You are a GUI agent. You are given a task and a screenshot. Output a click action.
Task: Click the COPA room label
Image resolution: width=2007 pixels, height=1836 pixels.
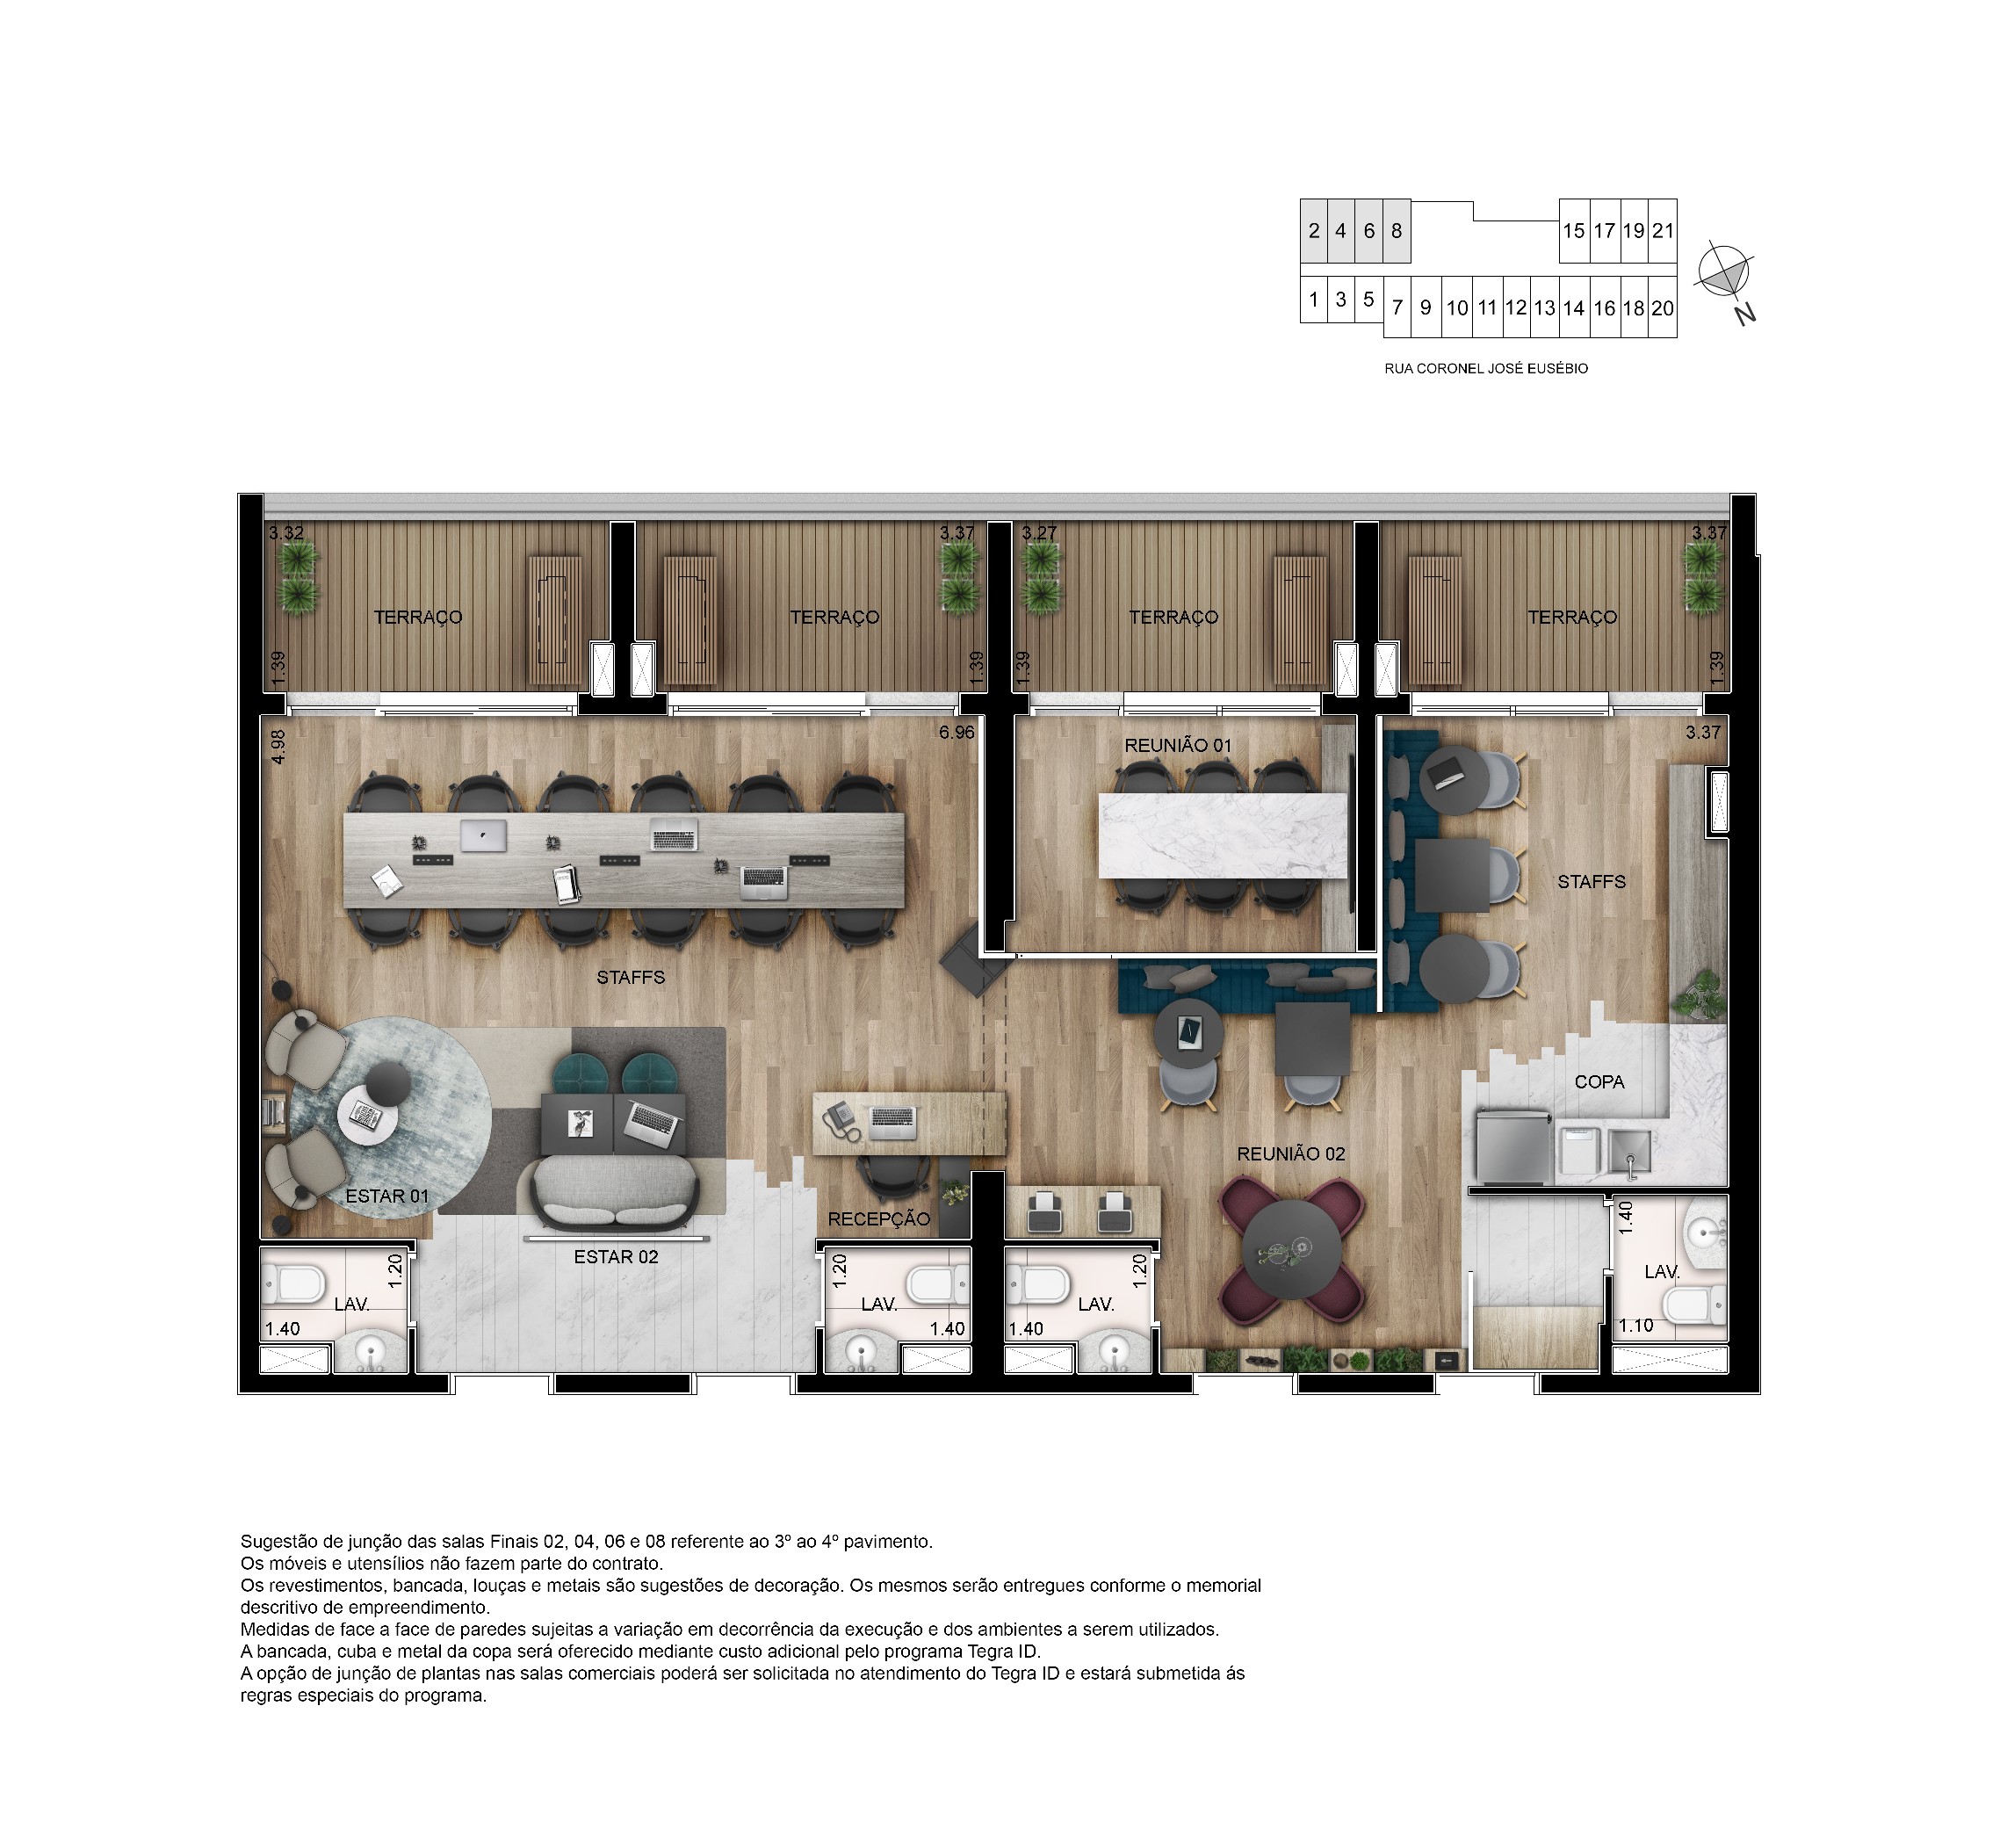[1599, 1081]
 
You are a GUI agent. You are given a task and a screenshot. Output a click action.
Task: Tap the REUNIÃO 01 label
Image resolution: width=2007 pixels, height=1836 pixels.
[1178, 745]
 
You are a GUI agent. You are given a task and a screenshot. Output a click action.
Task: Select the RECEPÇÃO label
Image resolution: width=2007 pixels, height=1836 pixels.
[879, 1218]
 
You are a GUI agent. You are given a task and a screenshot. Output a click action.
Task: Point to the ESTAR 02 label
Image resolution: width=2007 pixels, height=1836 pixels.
[617, 1256]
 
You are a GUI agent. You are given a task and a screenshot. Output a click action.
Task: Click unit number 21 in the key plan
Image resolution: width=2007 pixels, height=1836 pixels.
[1663, 231]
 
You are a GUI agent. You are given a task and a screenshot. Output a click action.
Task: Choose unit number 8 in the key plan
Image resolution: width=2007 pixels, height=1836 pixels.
[1397, 231]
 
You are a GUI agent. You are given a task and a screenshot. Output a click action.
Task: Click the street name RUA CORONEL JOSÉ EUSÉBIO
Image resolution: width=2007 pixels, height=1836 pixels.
[1486, 368]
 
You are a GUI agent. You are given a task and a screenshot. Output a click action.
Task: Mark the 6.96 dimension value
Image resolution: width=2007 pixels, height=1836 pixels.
[957, 732]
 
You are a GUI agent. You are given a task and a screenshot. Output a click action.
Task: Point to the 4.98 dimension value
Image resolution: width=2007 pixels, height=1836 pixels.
[278, 747]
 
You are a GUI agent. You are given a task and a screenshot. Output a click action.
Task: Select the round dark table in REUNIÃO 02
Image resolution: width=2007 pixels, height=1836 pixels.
[1292, 1248]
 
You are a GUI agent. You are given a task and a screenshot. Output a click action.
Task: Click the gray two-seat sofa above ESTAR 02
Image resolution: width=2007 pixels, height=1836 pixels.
[615, 1193]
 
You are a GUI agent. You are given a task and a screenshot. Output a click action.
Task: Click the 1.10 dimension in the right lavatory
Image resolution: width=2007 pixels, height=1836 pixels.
[1635, 1326]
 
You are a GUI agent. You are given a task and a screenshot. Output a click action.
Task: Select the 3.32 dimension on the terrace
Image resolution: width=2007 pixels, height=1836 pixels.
[286, 532]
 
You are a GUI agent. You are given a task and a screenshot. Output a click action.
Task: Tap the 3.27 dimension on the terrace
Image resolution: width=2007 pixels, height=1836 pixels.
[1039, 532]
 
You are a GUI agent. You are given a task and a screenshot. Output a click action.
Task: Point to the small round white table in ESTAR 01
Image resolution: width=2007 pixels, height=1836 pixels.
[367, 1118]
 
